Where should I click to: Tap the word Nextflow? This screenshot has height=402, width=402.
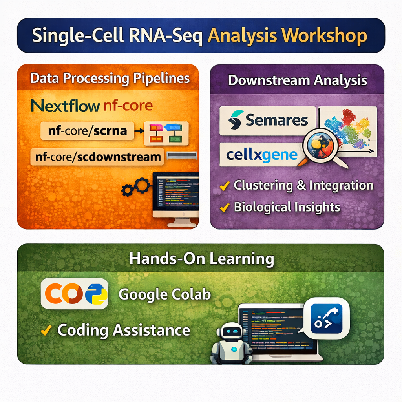point(65,106)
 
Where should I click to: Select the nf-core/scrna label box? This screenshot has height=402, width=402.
point(87,131)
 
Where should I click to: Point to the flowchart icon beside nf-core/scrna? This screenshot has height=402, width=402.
point(166,133)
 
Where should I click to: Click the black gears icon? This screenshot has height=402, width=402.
point(136,187)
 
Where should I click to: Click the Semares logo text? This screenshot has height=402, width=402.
point(276,120)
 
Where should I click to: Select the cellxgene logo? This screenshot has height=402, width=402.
point(262,155)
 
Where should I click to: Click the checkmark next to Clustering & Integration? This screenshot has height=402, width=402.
point(225,186)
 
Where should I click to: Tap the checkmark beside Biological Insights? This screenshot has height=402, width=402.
point(225,207)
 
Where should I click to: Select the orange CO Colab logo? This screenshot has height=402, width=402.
point(64,293)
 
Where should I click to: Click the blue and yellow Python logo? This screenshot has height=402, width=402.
point(96,294)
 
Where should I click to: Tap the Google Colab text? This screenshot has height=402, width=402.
point(164,294)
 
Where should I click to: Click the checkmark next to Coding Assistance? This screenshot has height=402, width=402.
point(46,330)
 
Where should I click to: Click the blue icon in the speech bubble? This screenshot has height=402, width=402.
point(326,319)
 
